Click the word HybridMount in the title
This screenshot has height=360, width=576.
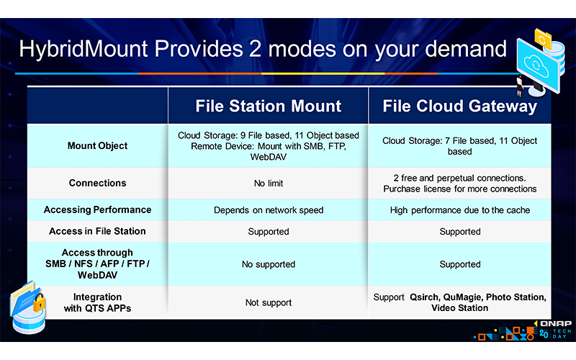[84, 50]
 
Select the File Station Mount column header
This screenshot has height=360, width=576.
[268, 106]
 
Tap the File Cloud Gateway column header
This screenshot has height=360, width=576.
[459, 106]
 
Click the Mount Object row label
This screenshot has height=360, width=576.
[97, 146]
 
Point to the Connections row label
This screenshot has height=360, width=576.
[97, 183]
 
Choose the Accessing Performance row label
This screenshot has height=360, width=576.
[97, 210]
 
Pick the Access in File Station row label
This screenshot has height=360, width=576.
[97, 231]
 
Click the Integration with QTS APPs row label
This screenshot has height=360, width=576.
[97, 302]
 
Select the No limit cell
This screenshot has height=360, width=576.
[269, 184]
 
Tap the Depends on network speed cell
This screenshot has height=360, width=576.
[269, 210]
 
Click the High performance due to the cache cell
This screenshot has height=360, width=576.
[460, 210]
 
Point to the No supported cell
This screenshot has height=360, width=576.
[269, 264]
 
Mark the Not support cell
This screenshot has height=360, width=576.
[269, 302]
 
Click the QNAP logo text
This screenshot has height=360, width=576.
[556, 323]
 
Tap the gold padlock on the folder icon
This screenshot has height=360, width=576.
[39, 303]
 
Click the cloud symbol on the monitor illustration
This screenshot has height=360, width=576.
[536, 65]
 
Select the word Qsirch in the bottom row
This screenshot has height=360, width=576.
[424, 297]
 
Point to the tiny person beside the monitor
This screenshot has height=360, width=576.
[520, 86]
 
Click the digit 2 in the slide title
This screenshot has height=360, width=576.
[255, 49]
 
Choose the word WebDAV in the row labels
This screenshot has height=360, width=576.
[97, 275]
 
